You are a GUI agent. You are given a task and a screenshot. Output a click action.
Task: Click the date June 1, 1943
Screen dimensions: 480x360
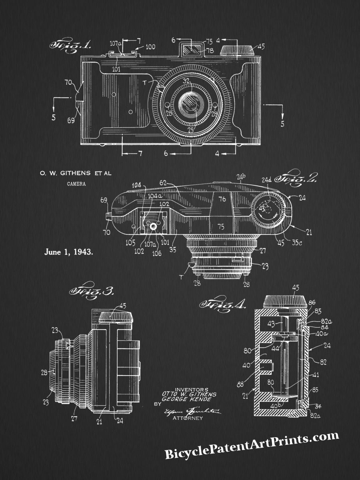click(x=69, y=252)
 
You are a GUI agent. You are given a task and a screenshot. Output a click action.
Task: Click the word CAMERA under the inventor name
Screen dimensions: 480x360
click(x=76, y=184)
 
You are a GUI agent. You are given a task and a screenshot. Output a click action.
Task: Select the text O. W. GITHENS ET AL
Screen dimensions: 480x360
click(x=75, y=173)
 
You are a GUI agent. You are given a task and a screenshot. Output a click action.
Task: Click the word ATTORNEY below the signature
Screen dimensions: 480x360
click(x=187, y=418)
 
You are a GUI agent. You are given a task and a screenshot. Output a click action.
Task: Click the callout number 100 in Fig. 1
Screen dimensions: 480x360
click(x=150, y=47)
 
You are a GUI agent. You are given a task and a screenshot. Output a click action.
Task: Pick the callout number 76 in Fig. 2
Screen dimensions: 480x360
click(x=222, y=199)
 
